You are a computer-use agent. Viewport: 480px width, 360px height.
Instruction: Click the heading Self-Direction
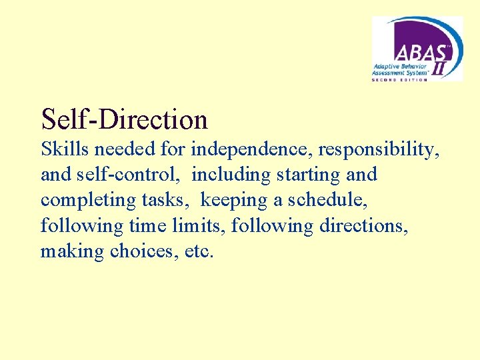click(x=124, y=119)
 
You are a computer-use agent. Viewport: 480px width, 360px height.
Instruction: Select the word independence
click(x=245, y=150)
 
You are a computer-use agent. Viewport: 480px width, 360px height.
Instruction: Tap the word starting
click(x=312, y=175)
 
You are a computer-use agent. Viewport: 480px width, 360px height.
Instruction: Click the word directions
click(x=364, y=226)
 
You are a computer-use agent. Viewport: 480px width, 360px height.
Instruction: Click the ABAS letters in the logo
click(x=413, y=51)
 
